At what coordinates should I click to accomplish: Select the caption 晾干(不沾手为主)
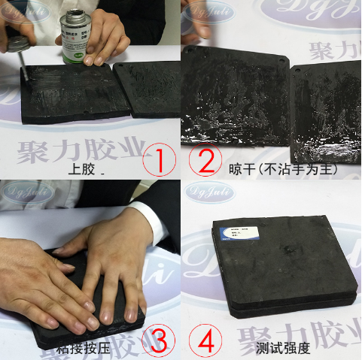[282, 169]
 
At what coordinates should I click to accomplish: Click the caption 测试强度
[283, 348]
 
